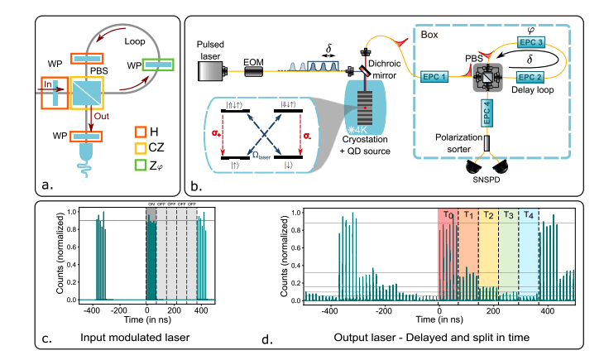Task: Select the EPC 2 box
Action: click(x=529, y=75)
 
